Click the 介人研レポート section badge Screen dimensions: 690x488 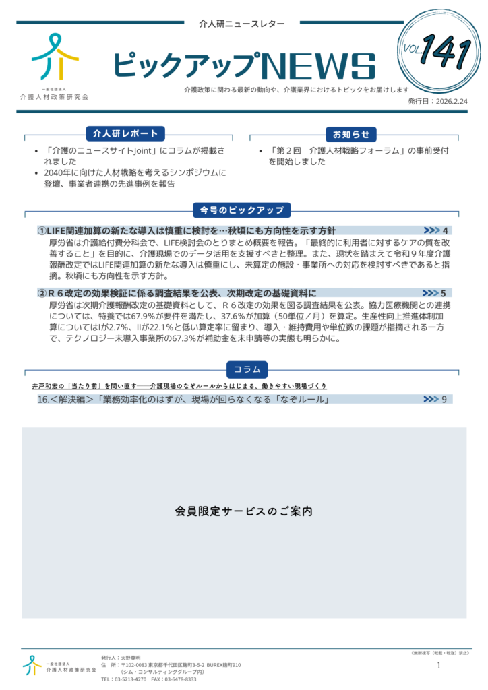pyautogui.click(x=126, y=133)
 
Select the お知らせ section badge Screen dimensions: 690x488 pyautogui.click(x=350, y=133)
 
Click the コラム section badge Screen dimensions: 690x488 pyautogui.click(x=247, y=369)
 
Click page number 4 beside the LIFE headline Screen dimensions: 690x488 pyautogui.click(x=446, y=231)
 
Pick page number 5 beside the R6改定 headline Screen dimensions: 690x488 pyautogui.click(x=443, y=293)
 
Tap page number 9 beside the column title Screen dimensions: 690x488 pyautogui.click(x=444, y=400)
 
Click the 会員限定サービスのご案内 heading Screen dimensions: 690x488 pyautogui.click(x=243, y=511)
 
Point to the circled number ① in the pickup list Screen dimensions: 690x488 pyautogui.click(x=42, y=231)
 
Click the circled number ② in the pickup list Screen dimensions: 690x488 pyautogui.click(x=42, y=293)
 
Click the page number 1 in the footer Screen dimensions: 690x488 pyautogui.click(x=439, y=666)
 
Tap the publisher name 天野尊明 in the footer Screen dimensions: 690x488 pyautogui.click(x=131, y=657)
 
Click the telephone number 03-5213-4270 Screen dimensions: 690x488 pyautogui.click(x=131, y=679)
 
